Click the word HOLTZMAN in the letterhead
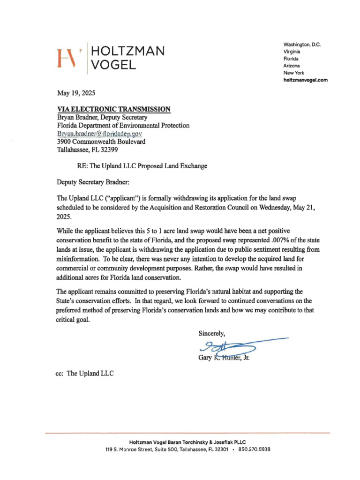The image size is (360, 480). (x=127, y=51)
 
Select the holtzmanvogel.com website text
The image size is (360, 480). (x=305, y=80)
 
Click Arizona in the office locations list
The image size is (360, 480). (x=292, y=66)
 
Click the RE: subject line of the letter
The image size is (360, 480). (x=142, y=166)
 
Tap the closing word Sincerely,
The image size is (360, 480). (x=212, y=334)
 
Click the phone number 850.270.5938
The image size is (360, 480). (x=255, y=449)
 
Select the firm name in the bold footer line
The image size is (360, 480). (x=187, y=442)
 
